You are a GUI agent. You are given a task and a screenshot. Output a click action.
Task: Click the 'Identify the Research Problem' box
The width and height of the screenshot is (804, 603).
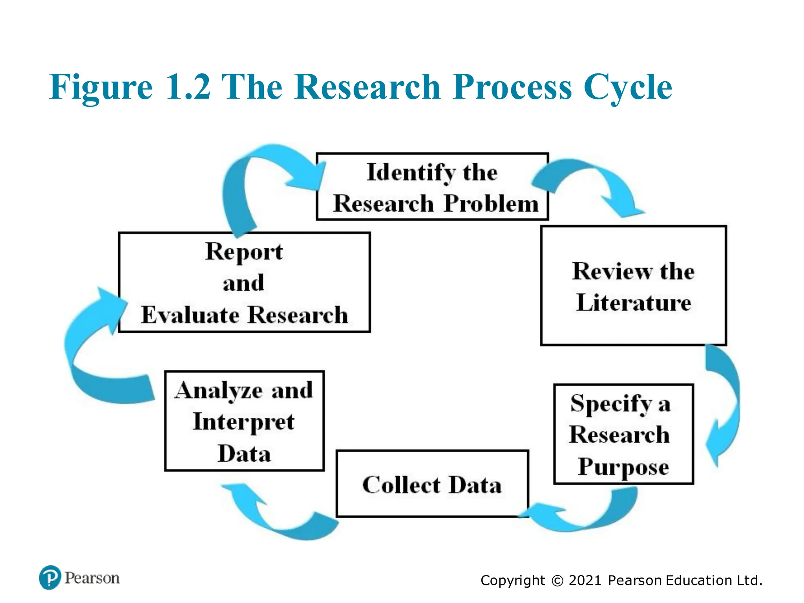[x=432, y=187]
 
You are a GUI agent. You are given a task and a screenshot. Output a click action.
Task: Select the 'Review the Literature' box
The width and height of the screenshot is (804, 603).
[x=633, y=285]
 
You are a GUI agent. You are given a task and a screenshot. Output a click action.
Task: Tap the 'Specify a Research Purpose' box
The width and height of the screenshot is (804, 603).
[x=623, y=434]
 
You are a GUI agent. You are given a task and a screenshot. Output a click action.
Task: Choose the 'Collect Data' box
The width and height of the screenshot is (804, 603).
[x=432, y=484]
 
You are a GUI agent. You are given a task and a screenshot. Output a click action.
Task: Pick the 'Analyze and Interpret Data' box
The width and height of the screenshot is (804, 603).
[x=244, y=421]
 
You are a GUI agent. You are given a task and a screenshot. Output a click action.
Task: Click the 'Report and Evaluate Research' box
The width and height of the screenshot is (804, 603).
[x=244, y=282]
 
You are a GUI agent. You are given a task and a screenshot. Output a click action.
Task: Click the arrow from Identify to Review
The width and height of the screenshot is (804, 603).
[x=589, y=181]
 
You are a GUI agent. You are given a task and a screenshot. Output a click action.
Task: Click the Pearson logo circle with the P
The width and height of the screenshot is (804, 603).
[x=50, y=577]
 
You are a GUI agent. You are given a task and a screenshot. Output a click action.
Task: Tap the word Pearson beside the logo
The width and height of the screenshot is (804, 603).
[x=92, y=578]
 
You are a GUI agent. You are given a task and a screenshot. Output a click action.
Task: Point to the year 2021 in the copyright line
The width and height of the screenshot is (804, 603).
[x=585, y=580]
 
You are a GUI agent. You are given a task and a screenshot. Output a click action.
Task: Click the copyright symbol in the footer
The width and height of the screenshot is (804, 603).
[x=557, y=581]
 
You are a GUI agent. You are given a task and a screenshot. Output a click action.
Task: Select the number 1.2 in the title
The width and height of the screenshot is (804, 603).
[x=188, y=87]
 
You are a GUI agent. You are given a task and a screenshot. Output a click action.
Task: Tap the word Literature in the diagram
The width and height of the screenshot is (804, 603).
[x=634, y=302]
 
